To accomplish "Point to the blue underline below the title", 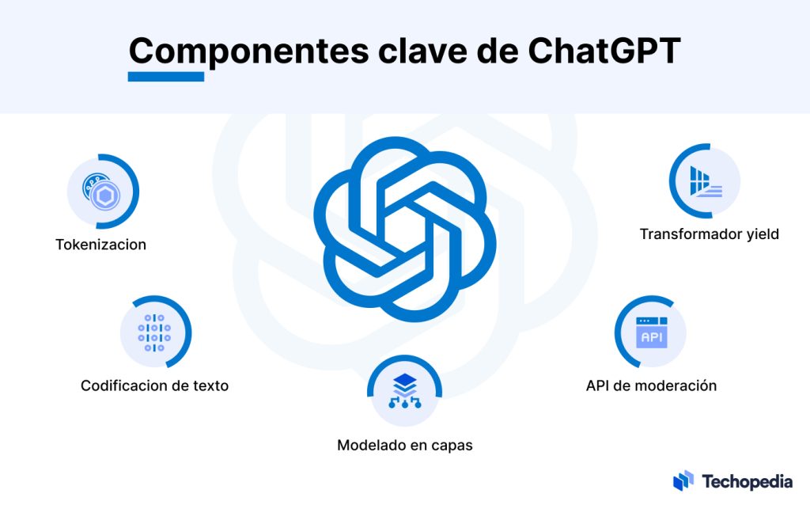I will (166, 77).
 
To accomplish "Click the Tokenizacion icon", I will (102, 192).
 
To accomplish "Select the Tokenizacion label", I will (100, 245).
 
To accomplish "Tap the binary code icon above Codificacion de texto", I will (155, 332).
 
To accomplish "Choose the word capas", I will (452, 446).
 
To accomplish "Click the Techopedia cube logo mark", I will (683, 480).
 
